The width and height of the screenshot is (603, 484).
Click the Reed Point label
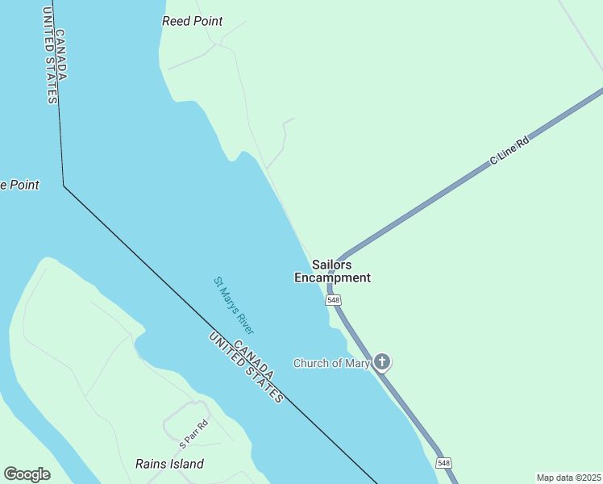point(192,21)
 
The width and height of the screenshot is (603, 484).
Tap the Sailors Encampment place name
point(332,271)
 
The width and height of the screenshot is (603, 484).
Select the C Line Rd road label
point(509,151)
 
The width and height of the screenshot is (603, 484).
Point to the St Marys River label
point(234,306)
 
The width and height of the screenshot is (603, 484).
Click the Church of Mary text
point(331,363)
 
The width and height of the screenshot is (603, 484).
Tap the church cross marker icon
point(382,361)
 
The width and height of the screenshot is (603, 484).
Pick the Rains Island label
point(169,464)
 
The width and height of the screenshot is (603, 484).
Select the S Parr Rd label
point(193,433)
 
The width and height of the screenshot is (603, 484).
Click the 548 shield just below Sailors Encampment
point(333,300)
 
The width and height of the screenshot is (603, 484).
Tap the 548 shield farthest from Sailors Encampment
point(443,462)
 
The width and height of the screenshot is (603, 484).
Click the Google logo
point(27,474)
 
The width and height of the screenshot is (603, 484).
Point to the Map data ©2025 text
point(568,478)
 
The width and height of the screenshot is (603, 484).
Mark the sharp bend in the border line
point(64,186)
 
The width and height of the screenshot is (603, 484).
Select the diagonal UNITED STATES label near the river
point(244,367)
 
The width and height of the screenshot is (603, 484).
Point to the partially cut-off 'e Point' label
point(19,185)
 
